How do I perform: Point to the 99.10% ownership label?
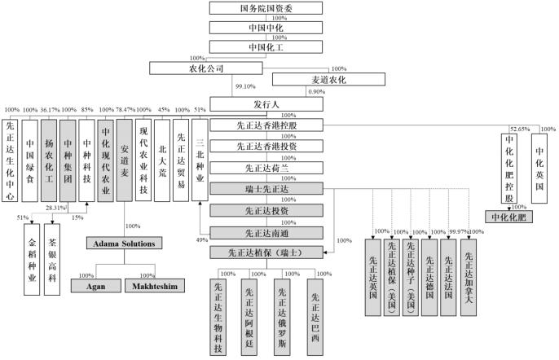pyautogui.click(x=245, y=84)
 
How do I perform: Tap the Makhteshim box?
pyautogui.click(x=150, y=286)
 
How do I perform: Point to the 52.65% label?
pyautogui.click(x=518, y=129)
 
